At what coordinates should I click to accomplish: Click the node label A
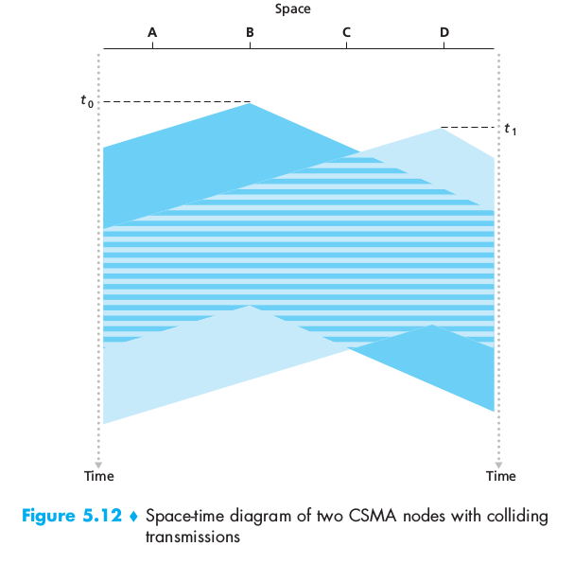152,32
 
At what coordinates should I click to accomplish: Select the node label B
250,32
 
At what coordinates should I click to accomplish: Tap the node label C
347,32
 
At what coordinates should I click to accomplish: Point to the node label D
444,32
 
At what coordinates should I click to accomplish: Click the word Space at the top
292,9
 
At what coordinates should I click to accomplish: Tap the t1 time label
510,129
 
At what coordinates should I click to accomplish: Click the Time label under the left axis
98,476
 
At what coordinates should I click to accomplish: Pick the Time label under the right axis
501,476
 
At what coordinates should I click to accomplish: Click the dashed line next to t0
175,102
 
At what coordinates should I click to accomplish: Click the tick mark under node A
152,44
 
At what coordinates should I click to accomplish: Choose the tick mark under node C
347,44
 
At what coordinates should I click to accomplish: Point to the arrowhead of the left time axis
98,463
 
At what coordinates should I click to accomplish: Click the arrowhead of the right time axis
498,463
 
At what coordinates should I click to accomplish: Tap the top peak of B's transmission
250,104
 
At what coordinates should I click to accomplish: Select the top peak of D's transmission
443,130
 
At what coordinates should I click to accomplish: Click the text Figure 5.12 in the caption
70,518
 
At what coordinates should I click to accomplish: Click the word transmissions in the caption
187,538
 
